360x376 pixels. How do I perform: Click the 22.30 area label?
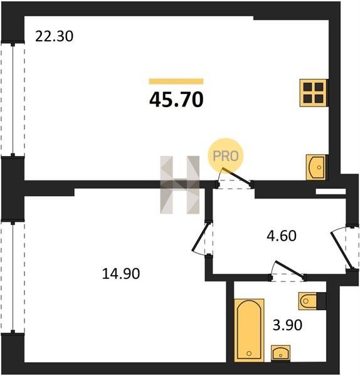(54, 36)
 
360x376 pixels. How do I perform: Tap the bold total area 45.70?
(176, 100)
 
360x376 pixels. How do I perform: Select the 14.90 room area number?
(120, 274)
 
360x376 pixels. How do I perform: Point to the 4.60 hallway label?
(282, 236)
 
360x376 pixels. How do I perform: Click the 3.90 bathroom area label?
(287, 325)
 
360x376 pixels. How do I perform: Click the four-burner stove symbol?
(314, 93)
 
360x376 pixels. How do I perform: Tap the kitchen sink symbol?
(316, 167)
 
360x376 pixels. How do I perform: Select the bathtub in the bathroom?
(249, 330)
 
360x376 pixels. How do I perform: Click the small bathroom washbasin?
(280, 353)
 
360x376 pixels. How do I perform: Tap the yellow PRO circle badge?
(226, 156)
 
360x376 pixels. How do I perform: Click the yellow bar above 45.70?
(176, 81)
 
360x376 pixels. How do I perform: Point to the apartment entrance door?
(344, 248)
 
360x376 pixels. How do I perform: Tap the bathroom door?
(288, 271)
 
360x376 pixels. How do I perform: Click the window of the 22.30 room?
(13, 100)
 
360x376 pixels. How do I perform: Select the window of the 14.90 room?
(13, 277)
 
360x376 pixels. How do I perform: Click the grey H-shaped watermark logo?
(180, 185)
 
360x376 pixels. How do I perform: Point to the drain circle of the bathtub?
(249, 353)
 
